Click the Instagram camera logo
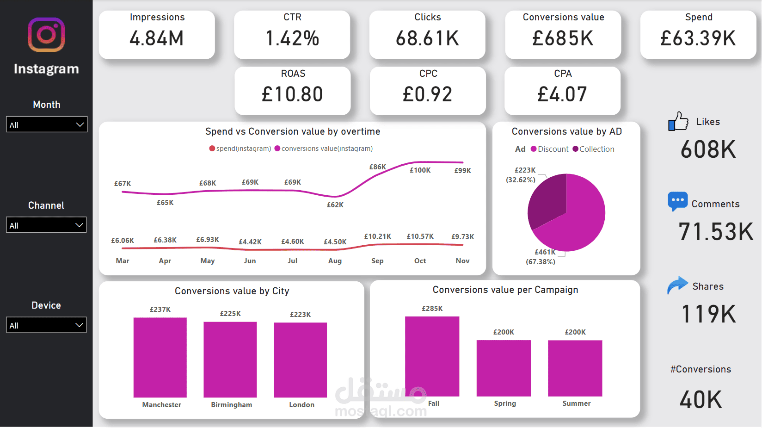pos(46,35)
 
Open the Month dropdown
pos(47,124)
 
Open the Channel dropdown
pos(46,225)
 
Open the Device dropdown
pos(46,325)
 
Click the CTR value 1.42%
pos(292,38)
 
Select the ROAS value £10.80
pos(292,94)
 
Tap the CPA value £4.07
pos(562,94)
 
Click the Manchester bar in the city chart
pos(160,358)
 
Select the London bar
pos(300,360)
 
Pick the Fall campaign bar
pos(432,356)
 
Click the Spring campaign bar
pos(504,368)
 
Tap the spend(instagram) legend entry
pos(240,149)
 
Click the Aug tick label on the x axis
pos(335,261)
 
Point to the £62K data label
pos(335,205)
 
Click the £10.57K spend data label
pos(420,236)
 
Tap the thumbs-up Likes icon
pos(678,121)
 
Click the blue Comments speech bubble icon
pos(677,202)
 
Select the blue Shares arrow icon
pos(677,285)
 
